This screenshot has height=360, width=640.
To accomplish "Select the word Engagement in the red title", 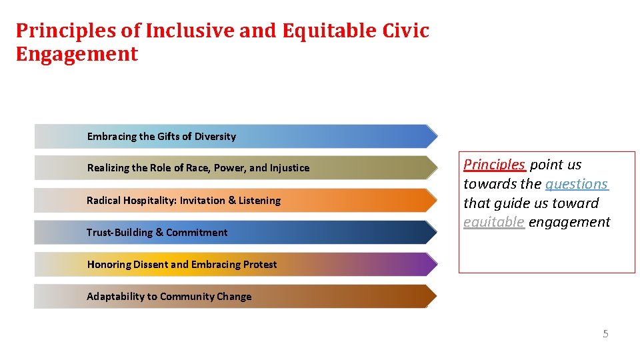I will (77, 54).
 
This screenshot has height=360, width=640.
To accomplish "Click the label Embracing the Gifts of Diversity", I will (161, 137).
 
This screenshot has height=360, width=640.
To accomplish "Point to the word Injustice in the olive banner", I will (289, 168).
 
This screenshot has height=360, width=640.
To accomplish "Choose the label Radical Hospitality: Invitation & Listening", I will (183, 201).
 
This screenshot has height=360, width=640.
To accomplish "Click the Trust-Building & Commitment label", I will (157, 233).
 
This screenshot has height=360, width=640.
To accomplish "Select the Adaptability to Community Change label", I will (169, 297).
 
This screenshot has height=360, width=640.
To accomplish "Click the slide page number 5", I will (605, 334).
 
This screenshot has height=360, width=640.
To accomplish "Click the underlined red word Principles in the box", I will (494, 165).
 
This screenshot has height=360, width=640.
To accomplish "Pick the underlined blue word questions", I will (577, 184).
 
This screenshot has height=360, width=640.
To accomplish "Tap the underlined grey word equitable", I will (493, 223).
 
